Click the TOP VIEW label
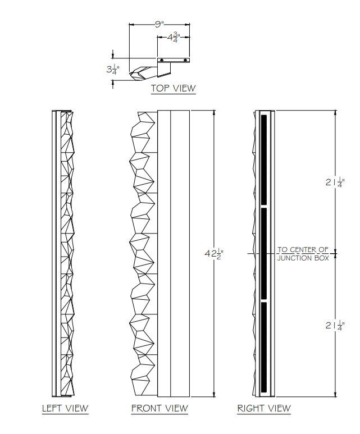173,88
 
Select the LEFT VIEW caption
65,408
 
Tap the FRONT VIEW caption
160,408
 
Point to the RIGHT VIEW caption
264,408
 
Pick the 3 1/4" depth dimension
112,69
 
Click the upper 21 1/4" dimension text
334,182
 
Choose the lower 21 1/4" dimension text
334,326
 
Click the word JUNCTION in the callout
294,258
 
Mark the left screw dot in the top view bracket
162,60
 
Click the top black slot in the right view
263,159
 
